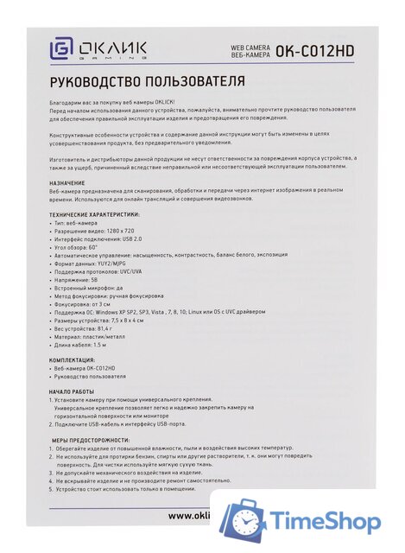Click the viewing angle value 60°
pos(92,246)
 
